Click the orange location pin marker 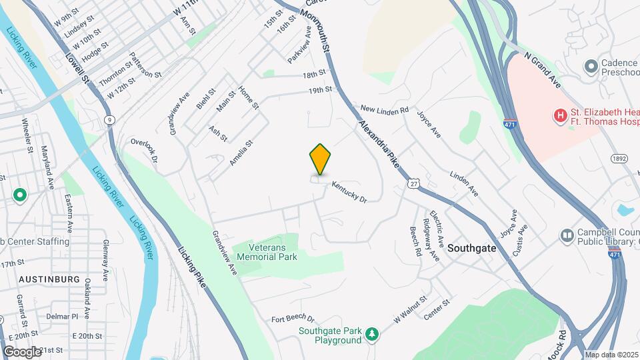(321, 158)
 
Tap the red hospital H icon (560, 116)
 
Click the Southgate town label (471, 247)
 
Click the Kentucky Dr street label (349, 194)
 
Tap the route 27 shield (414, 183)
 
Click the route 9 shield (108, 119)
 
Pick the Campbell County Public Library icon (567, 235)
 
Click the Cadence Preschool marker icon (590, 66)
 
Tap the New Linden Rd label (383, 109)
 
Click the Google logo (22, 352)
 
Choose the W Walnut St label (409, 311)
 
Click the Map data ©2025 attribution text (611, 355)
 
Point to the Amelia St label (241, 153)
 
